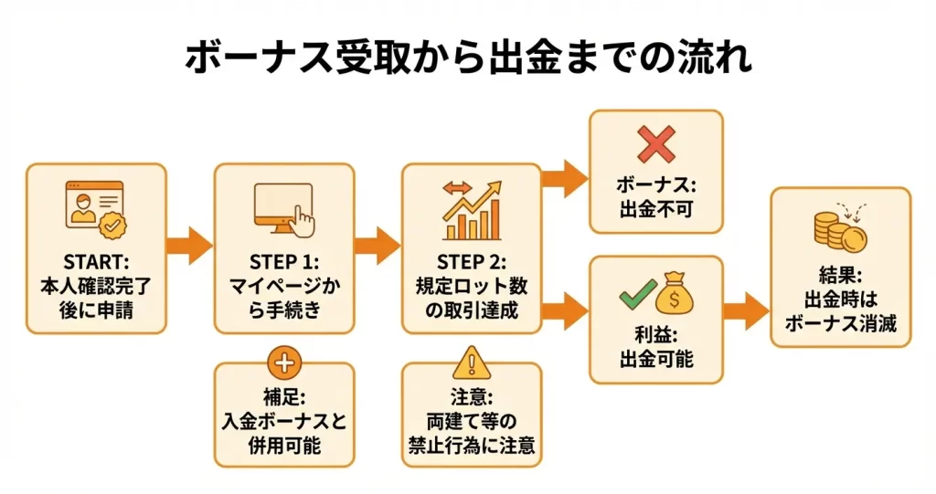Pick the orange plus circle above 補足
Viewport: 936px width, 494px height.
click(283, 363)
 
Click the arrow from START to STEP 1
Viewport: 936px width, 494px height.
click(190, 245)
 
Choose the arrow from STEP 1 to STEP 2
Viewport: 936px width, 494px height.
click(378, 245)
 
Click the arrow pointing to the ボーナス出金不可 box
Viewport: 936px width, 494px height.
click(565, 178)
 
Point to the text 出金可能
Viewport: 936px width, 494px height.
click(655, 359)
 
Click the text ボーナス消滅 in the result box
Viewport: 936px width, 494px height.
click(840, 321)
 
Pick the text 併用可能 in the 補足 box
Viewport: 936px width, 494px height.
click(283, 447)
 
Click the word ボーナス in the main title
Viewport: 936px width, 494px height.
click(246, 58)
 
